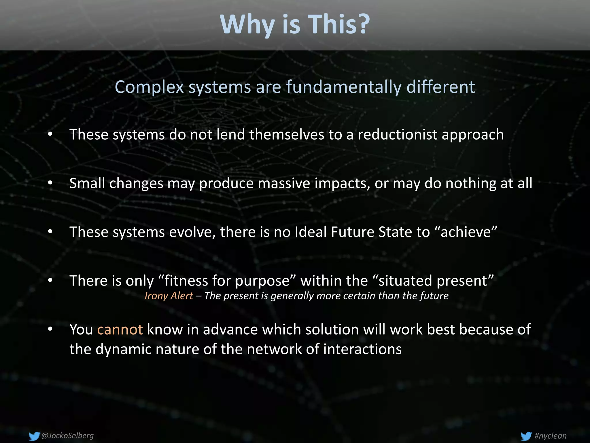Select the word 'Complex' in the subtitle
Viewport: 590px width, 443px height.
(149, 87)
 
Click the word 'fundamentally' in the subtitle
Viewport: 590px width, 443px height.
(343, 87)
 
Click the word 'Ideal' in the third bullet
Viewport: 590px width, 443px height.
(311, 232)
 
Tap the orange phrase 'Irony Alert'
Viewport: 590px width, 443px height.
(169, 296)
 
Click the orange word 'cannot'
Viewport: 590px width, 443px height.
(120, 329)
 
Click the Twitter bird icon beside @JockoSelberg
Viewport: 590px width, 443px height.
(34, 436)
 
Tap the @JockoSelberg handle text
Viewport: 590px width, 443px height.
(68, 436)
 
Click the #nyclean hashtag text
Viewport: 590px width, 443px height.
(550, 436)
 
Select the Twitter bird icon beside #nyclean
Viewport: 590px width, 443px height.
(526, 436)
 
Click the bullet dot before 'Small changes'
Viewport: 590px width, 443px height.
(50, 183)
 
